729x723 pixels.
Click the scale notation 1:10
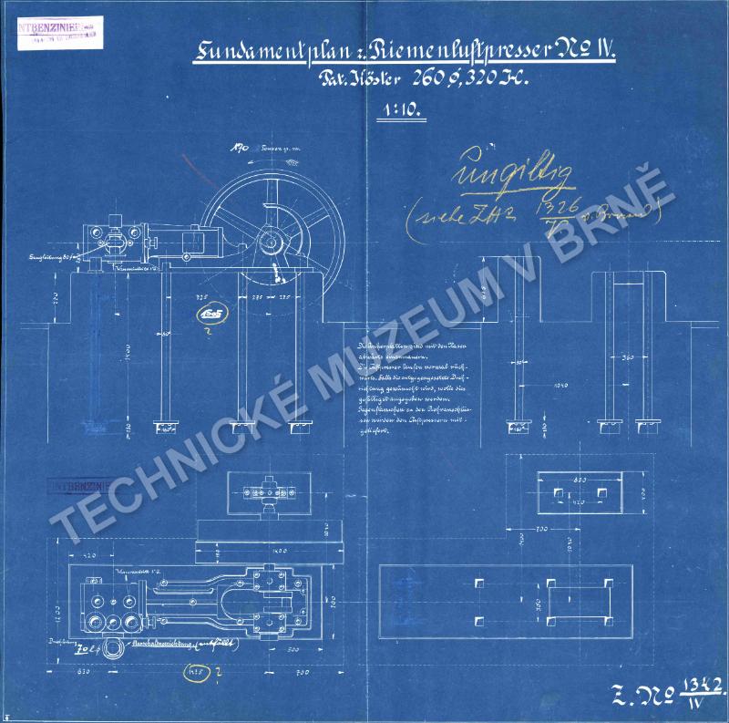coord(395,116)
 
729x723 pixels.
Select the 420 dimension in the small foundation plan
coord(578,501)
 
